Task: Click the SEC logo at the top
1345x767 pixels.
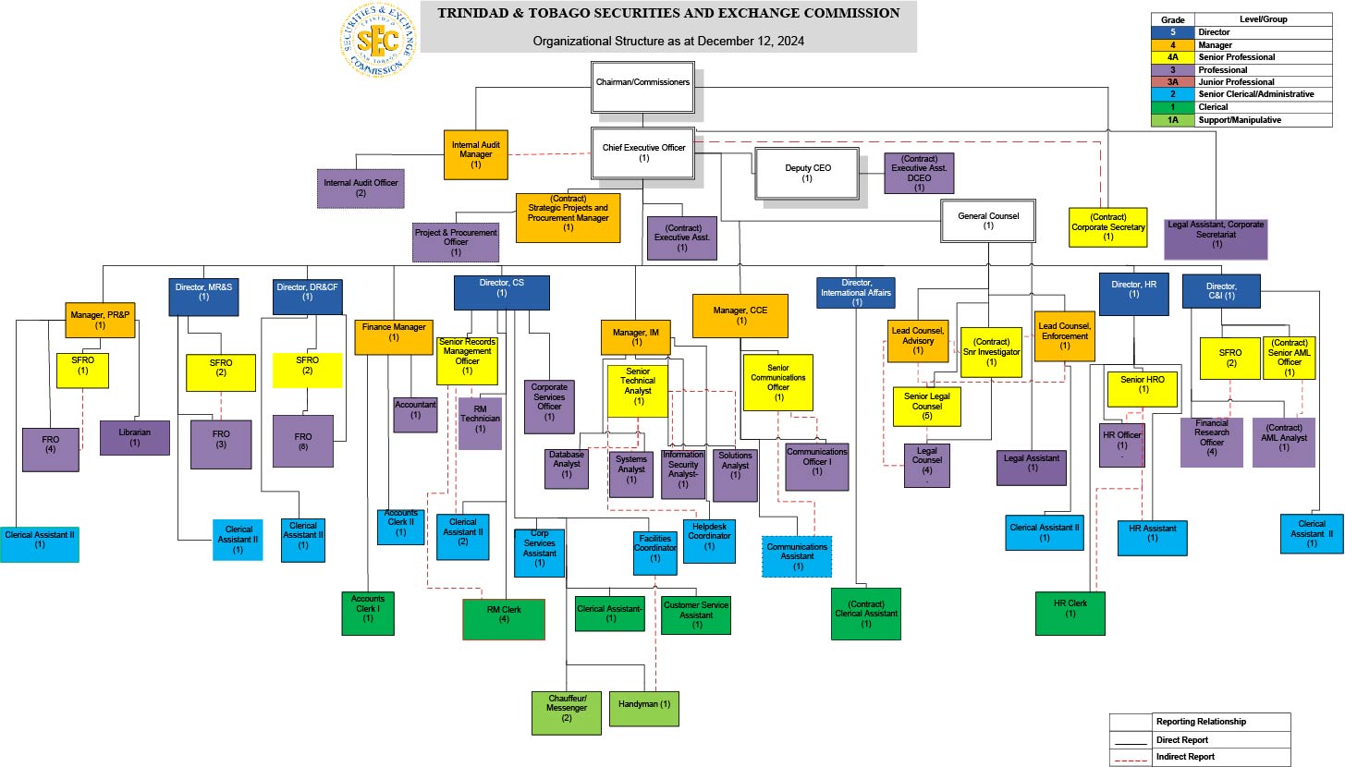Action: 377,40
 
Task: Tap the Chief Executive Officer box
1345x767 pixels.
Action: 643,152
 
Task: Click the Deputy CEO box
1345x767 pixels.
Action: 806,173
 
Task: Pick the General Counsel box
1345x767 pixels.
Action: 988,221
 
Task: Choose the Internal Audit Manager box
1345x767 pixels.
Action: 475,154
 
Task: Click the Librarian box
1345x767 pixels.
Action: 135,437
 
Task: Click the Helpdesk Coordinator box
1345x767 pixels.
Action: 709,541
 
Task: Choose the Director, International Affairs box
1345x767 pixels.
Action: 857,292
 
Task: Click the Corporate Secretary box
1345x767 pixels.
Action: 1107,227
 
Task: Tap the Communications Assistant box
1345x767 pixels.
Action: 798,556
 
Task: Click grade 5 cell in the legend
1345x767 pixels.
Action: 1172,32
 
